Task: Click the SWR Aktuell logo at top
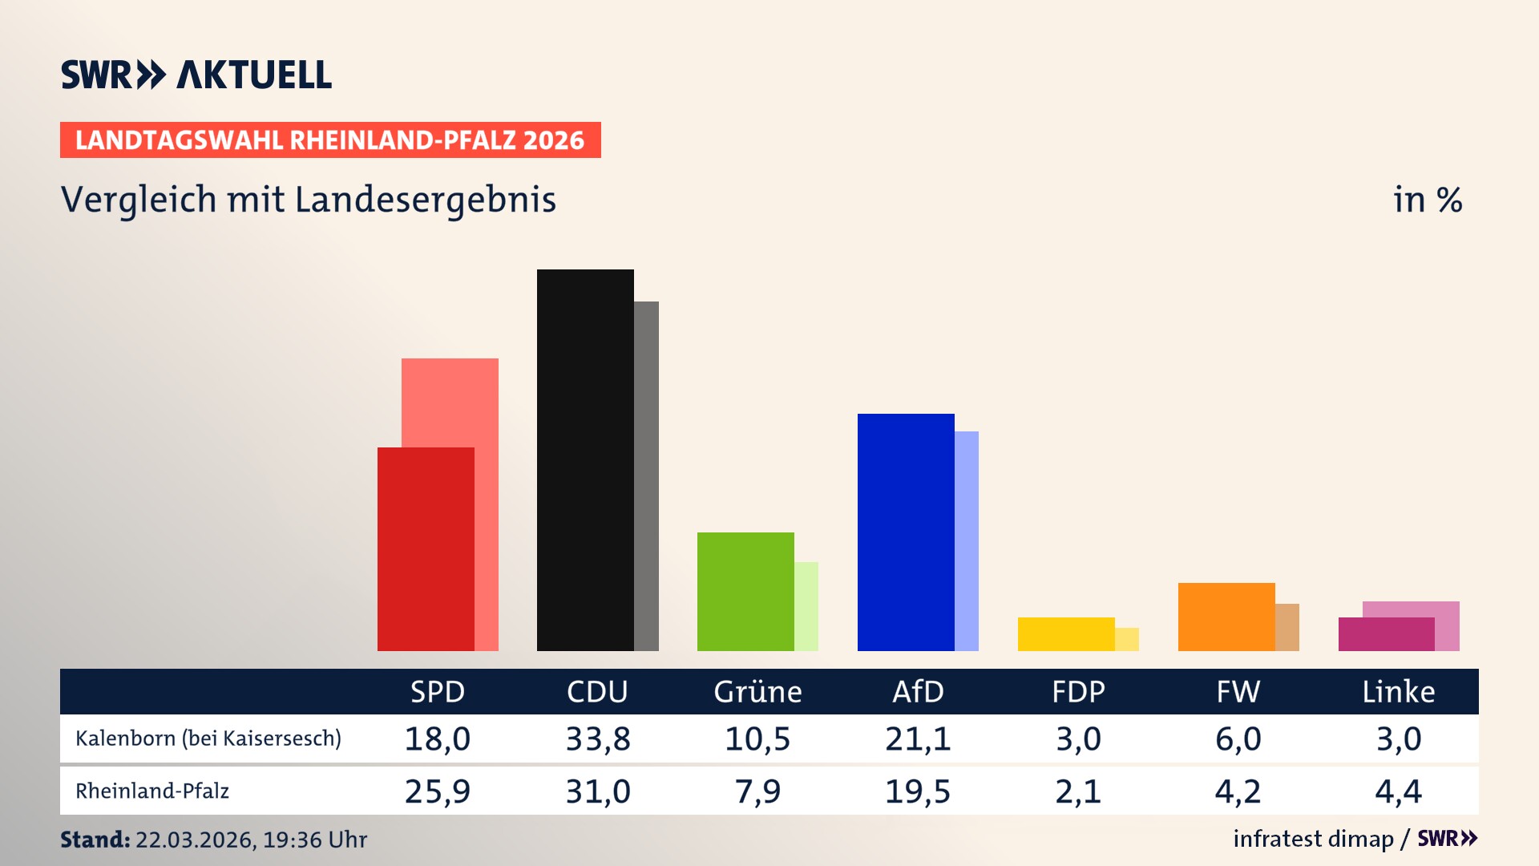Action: coord(196,75)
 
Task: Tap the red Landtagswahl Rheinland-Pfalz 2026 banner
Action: coord(329,140)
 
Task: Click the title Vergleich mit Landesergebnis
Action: coord(308,200)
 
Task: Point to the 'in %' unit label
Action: coord(1427,200)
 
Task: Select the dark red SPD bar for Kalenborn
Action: coord(425,549)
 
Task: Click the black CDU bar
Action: coord(585,459)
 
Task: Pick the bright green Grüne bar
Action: coord(745,592)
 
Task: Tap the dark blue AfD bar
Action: coord(906,532)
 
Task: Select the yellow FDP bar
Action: coord(1066,634)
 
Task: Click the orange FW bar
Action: coord(1226,617)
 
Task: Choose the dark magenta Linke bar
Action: coord(1386,634)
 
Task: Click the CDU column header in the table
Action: coord(597,692)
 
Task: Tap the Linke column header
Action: coord(1399,692)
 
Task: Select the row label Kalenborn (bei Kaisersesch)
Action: coord(208,739)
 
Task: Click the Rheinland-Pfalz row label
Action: coord(152,791)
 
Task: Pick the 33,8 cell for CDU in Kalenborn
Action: coord(598,739)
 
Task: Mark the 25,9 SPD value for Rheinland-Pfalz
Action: coord(438,791)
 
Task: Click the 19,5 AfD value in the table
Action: coord(918,791)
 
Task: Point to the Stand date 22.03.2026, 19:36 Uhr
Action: coord(250,840)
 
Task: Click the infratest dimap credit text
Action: coord(1313,839)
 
